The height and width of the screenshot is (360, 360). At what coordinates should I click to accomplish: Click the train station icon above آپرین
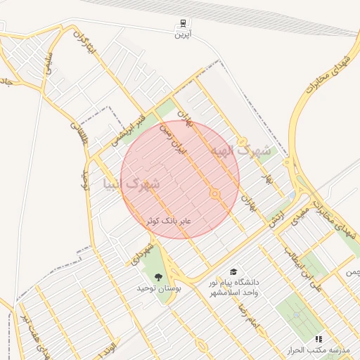(184, 23)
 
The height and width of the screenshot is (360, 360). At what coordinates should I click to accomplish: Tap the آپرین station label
(184, 34)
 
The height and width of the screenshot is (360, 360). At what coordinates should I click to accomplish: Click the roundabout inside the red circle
(215, 194)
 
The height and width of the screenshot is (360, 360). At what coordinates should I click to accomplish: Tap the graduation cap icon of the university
(233, 271)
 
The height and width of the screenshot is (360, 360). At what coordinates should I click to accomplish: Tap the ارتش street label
(276, 216)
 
